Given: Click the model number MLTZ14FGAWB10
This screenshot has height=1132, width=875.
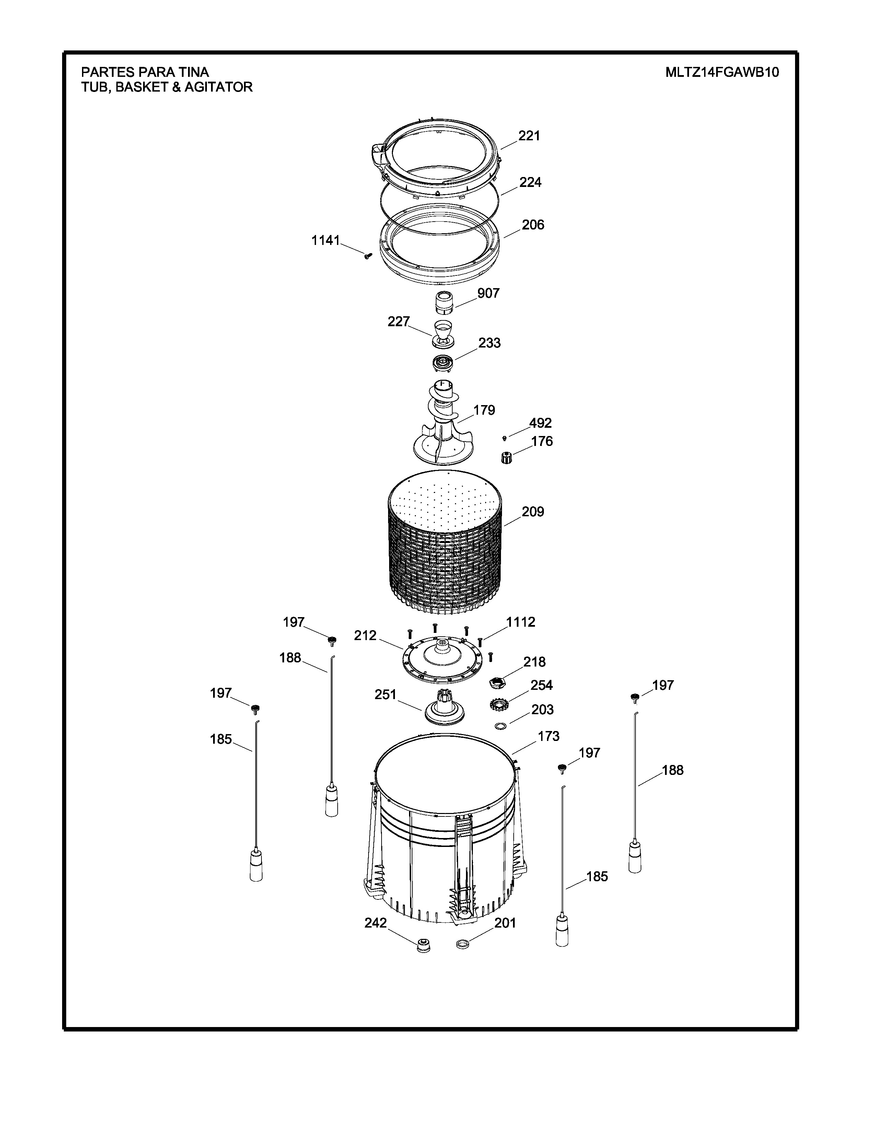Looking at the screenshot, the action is [722, 72].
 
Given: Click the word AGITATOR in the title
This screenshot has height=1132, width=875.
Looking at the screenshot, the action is [219, 87].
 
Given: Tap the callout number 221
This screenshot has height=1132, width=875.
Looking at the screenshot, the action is [529, 136].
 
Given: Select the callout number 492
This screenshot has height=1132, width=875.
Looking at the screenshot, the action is [540, 423].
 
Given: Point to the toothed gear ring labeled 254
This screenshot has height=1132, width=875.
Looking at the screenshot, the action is [499, 704].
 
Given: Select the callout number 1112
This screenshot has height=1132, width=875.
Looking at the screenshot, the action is [521, 622].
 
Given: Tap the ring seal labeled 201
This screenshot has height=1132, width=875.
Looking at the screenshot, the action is [463, 944].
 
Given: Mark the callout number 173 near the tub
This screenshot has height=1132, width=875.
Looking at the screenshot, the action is [548, 736].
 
